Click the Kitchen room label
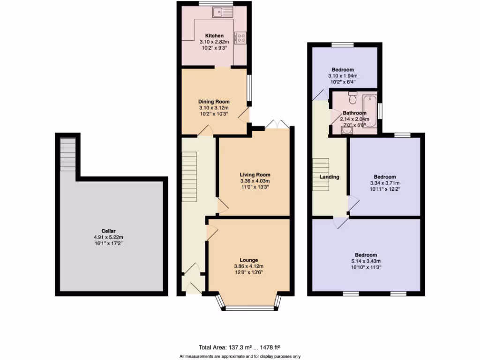pos(214,36)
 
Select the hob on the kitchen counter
pos(241,37)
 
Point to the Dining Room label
pos(214,102)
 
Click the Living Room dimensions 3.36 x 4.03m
pos(255,181)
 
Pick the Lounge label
pos(249,260)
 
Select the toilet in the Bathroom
pos(353,98)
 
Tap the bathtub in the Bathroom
pos(371,107)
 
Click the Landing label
pos(330,177)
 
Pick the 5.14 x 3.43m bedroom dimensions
pos(366,262)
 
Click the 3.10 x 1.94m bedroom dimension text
pos(343,76)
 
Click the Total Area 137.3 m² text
pos(240,347)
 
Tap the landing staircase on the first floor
pos(322,173)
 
